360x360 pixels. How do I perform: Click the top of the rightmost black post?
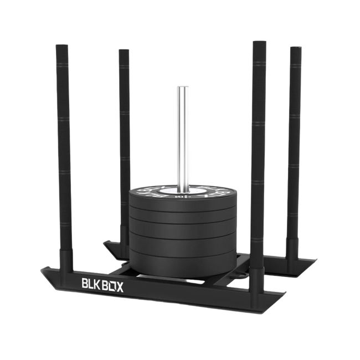point(295,48)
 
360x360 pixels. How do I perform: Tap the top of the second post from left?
point(123,50)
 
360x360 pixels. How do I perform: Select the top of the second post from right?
point(258,43)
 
